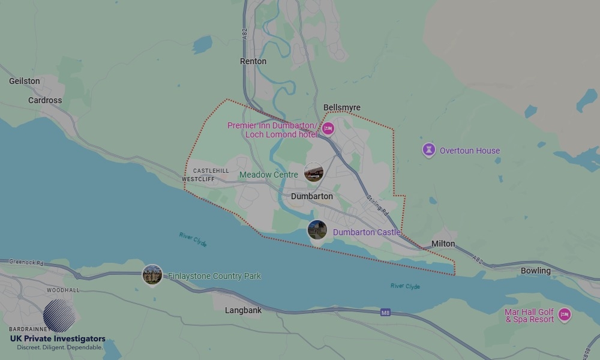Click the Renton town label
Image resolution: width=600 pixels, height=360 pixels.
click(253, 61)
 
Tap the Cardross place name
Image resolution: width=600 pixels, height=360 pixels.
click(45, 100)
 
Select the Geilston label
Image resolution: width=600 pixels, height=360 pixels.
click(25, 81)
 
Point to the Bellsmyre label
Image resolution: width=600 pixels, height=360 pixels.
click(342, 107)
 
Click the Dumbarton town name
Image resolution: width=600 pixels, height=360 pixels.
click(311, 196)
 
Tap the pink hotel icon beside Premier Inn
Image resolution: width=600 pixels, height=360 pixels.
click(328, 128)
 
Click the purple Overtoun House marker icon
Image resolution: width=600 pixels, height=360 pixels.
click(428, 150)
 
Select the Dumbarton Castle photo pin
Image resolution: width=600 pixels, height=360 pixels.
click(317, 229)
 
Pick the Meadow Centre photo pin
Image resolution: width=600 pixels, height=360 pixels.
click(314, 173)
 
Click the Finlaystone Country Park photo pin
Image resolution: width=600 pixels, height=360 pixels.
click(152, 275)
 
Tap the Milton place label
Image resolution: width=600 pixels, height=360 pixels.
click(443, 244)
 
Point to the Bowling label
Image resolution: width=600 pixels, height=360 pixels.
click(535, 271)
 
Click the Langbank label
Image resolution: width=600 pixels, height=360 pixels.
click(243, 310)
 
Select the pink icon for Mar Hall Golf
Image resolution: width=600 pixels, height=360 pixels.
click(564, 314)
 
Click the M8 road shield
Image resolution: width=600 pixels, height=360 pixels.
click(385, 313)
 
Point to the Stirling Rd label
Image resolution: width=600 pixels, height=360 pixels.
click(377, 206)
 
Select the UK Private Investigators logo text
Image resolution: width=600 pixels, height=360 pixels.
click(58, 339)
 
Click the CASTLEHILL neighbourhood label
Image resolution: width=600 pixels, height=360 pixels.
click(211, 171)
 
